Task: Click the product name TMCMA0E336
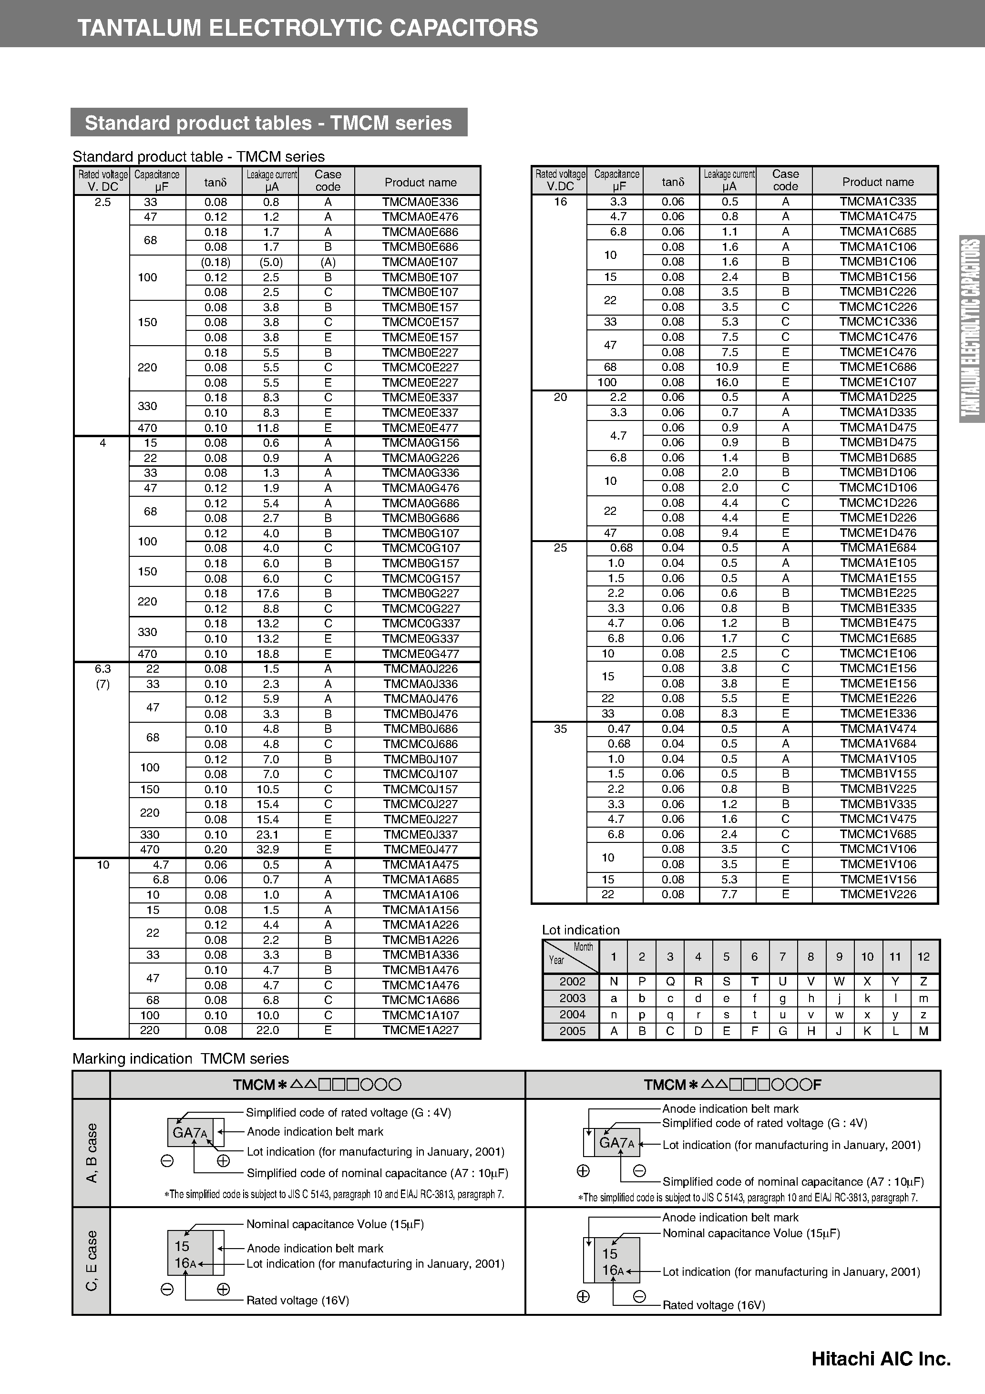[420, 202]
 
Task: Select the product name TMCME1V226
[878, 894]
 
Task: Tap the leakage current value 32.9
[271, 850]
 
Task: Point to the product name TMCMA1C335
[878, 202]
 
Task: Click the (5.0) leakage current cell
[271, 262]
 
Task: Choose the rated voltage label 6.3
[103, 668]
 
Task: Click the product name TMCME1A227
[420, 1030]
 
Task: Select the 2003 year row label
[572, 998]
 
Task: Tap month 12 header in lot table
[923, 957]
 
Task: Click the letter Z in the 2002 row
[923, 982]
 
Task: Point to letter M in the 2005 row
[923, 1031]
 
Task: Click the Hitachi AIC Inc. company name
[881, 1359]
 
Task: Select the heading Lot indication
[581, 930]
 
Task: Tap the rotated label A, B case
[92, 1153]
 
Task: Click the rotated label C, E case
[92, 1261]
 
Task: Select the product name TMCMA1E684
[878, 548]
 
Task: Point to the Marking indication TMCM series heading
[180, 1059]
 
